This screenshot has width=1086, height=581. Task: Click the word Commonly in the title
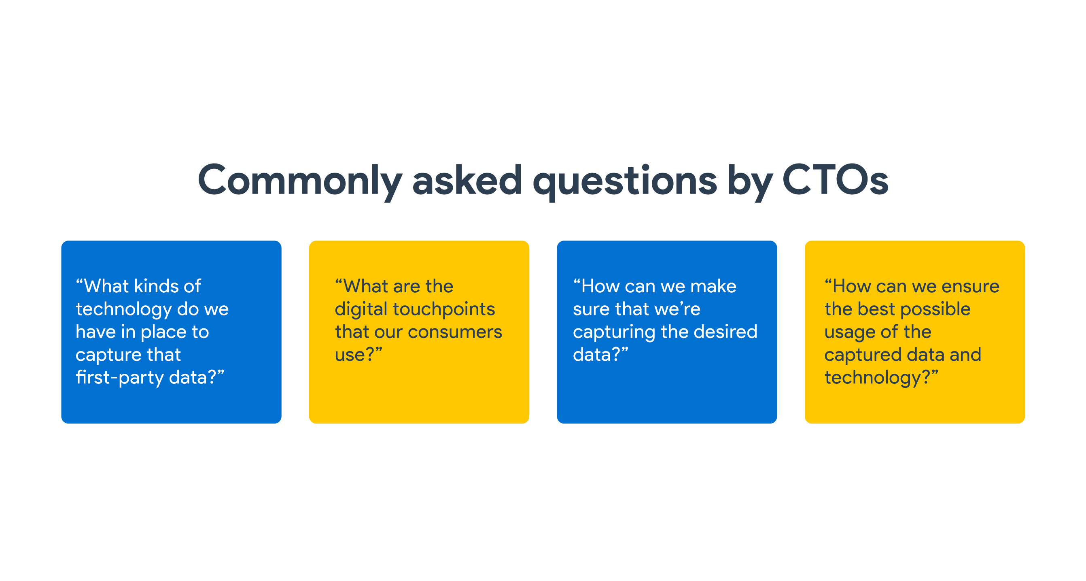[300, 181]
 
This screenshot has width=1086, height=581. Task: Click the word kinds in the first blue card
[156, 286]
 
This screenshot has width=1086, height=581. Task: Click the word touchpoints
[444, 310]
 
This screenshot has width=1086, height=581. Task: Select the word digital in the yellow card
[361, 310]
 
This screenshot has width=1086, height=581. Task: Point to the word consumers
[455, 332]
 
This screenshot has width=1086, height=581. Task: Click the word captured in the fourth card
[863, 355]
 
